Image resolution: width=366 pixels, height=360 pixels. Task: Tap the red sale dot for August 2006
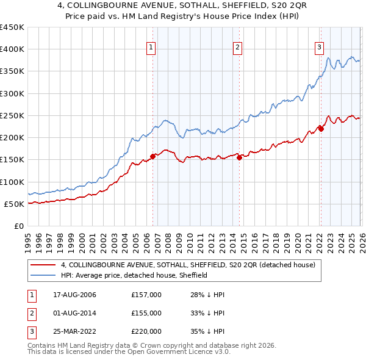[153, 156]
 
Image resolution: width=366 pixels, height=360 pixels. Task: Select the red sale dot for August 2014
[239, 157]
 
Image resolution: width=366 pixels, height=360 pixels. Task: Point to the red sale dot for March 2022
[321, 129]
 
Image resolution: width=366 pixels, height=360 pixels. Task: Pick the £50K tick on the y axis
[15, 204]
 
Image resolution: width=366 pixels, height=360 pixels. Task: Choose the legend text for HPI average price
[134, 275]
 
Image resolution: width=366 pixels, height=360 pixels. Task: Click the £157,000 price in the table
[146, 295]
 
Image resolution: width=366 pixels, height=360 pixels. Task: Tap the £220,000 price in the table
[146, 331]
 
